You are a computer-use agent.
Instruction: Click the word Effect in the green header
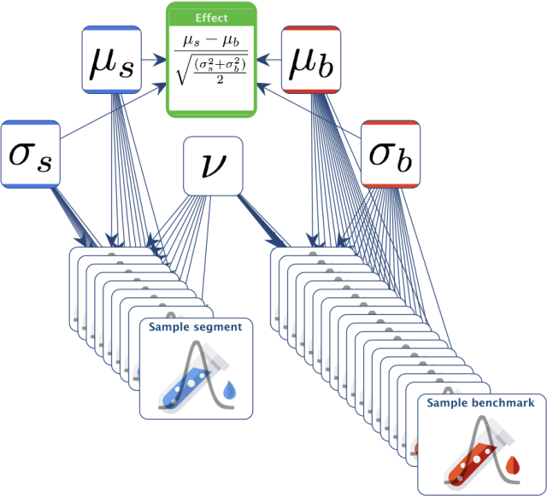[x=211, y=18]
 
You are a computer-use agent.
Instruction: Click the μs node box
[x=112, y=60]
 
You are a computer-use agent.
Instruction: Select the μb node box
[x=311, y=60]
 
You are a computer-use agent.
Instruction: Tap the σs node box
[x=31, y=154]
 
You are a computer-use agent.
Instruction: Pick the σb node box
[x=391, y=154]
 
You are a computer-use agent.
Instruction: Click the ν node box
[x=213, y=166]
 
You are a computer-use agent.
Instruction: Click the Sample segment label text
[x=196, y=327]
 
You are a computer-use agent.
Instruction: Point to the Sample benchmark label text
[x=480, y=403]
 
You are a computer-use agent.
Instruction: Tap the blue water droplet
[x=230, y=389]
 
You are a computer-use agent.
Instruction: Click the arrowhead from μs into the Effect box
[x=161, y=60]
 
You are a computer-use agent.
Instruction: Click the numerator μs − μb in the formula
[x=211, y=42]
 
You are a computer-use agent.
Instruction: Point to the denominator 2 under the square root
[x=220, y=79]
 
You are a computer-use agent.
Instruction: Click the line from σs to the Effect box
[x=113, y=111]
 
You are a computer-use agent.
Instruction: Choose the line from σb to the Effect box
[x=309, y=111]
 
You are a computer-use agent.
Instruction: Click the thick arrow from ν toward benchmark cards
[x=262, y=220]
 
